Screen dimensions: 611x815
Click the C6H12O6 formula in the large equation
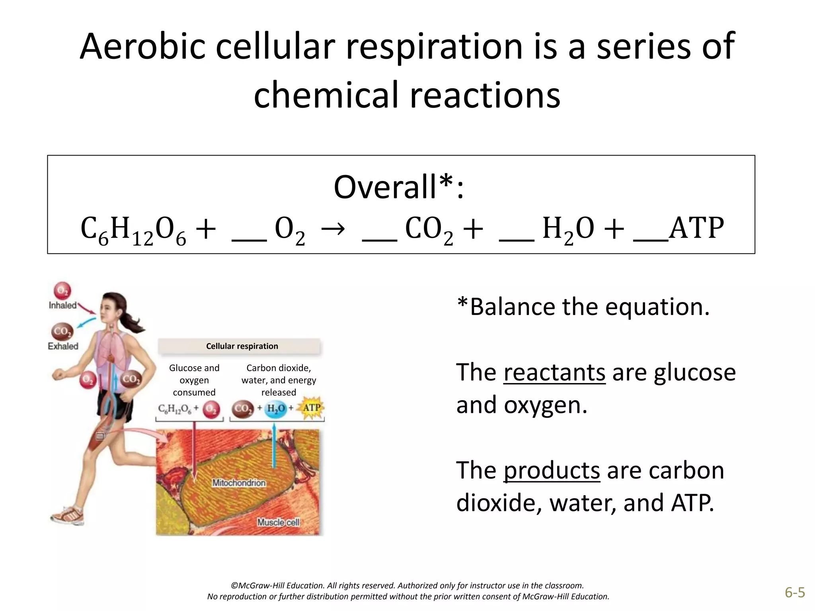[133, 230]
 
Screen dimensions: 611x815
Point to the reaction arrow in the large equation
[333, 229]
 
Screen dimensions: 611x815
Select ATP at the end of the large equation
[696, 228]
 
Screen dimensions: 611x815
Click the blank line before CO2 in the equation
[379, 239]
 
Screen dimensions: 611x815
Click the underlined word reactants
[554, 373]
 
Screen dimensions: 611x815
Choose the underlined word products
[552, 471]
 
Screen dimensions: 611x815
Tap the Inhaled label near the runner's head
[62, 305]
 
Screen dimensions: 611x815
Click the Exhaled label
[63, 346]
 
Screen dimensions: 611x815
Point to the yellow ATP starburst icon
[312, 408]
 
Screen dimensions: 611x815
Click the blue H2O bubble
[276, 409]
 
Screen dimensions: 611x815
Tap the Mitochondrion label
[239, 483]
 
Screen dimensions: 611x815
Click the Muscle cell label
[278, 522]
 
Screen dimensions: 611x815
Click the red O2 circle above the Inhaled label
[62, 290]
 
